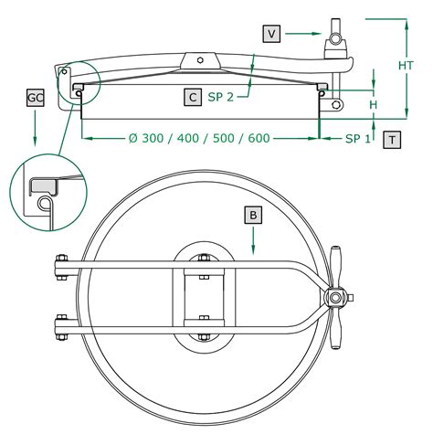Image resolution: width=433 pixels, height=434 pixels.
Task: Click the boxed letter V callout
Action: pyautogui.click(x=271, y=34)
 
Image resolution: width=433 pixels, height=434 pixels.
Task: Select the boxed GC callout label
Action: pyautogui.click(x=36, y=98)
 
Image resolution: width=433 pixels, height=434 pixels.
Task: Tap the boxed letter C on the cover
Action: pyautogui.click(x=193, y=98)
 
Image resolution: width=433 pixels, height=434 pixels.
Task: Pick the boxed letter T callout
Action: pyautogui.click(x=392, y=140)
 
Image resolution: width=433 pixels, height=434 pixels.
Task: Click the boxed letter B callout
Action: pyautogui.click(x=253, y=216)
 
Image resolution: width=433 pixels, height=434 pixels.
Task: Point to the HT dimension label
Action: pyautogui.click(x=407, y=65)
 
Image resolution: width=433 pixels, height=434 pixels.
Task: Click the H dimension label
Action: pyautogui.click(x=373, y=105)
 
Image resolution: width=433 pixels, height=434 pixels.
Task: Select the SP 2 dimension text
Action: pyautogui.click(x=221, y=97)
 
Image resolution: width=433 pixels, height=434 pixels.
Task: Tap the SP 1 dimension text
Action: pyautogui.click(x=358, y=139)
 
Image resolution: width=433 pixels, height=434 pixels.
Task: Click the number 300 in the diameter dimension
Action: pyautogui.click(x=153, y=138)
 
